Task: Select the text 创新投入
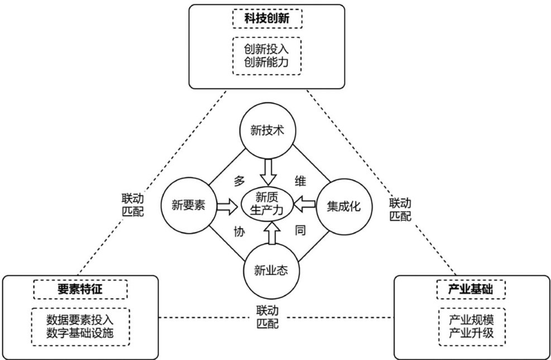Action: click(266, 49)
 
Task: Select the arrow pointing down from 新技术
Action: click(268, 171)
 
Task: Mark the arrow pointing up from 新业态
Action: click(271, 234)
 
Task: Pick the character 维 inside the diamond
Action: click(299, 180)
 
